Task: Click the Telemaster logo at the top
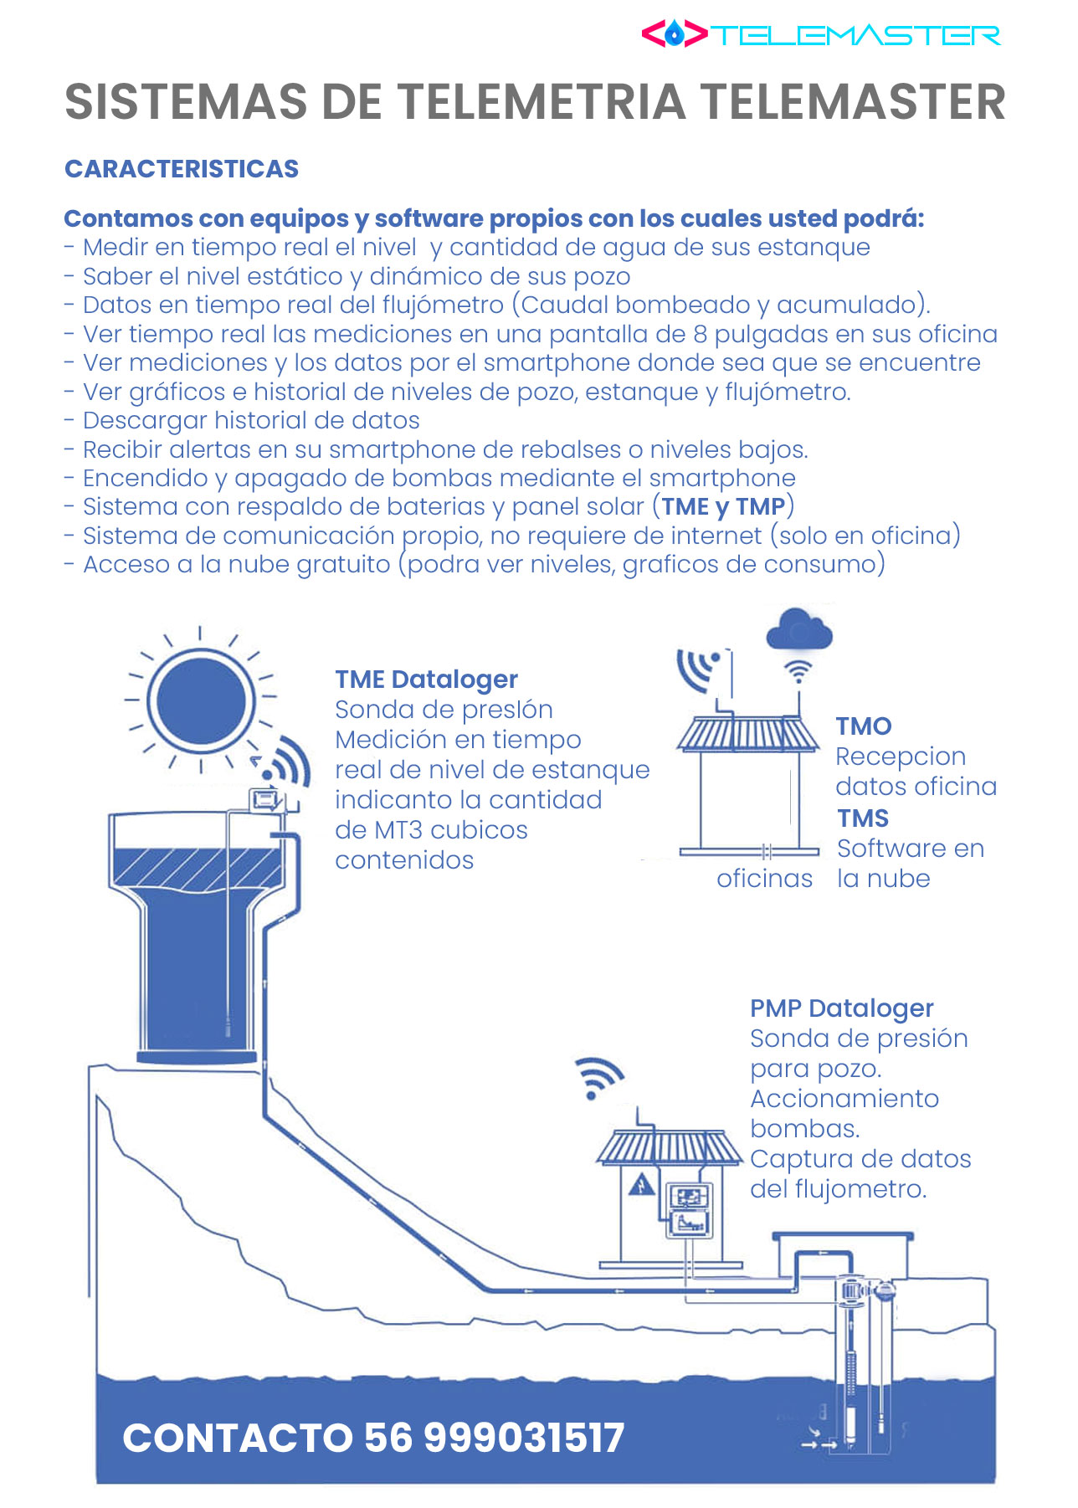coord(820,34)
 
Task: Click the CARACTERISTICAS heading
coord(182,169)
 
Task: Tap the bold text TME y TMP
coord(723,506)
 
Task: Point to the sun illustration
coord(201,700)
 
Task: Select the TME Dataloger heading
coord(426,680)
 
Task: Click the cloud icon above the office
coord(799,630)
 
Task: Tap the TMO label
coord(864,726)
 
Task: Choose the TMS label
coord(863,818)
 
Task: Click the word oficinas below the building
coord(764,879)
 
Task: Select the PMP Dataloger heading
coord(841,1008)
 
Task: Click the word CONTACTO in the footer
coord(238,1439)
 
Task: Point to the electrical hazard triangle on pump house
coord(642,1185)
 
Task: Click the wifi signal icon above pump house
coord(598,1077)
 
